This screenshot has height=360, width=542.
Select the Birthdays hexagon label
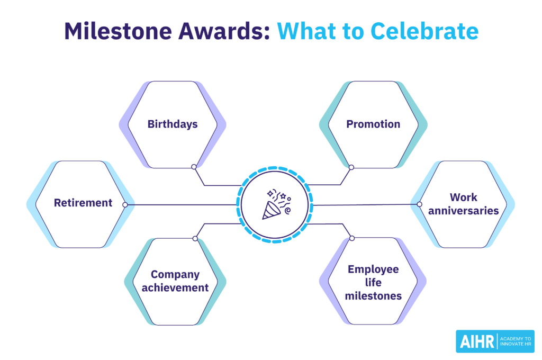tap(173, 124)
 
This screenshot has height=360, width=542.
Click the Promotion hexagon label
tap(373, 124)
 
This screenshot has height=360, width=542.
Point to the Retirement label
tap(83, 203)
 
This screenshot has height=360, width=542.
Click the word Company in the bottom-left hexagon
tap(175, 275)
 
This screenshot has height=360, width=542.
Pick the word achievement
tap(175, 288)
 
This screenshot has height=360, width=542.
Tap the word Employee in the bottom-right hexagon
tap(373, 269)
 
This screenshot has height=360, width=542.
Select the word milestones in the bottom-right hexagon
tap(373, 296)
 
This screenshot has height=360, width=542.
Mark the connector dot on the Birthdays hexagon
tap(194, 167)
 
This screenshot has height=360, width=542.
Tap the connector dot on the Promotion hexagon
tap(351, 167)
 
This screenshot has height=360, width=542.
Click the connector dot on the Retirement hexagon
tap(125, 204)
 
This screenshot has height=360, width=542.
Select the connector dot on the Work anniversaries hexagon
tap(419, 204)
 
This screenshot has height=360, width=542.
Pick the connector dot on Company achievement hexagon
tap(195, 239)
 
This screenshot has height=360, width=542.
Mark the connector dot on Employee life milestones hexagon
tap(350, 238)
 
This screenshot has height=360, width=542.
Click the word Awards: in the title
tap(220, 31)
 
